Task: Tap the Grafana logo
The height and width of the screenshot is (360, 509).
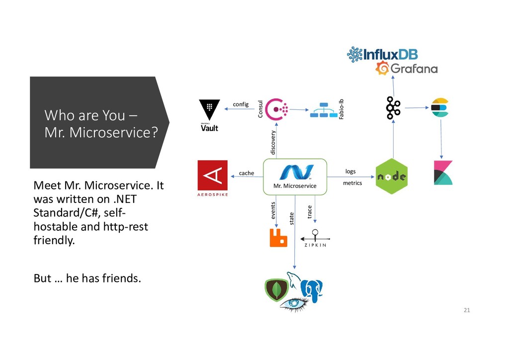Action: (406, 69)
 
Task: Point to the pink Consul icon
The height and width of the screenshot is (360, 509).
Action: (275, 109)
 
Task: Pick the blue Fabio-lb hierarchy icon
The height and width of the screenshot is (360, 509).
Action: (323, 110)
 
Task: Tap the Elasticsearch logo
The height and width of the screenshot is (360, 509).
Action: (439, 108)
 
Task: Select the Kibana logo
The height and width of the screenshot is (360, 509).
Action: (443, 173)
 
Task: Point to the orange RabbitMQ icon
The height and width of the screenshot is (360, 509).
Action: (278, 238)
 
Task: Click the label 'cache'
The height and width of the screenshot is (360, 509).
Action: (247, 173)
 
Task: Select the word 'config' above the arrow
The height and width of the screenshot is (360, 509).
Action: (241, 104)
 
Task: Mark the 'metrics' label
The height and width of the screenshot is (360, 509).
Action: (352, 183)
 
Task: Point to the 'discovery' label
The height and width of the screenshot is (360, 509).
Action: (272, 142)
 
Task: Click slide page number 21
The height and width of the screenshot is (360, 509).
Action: (466, 311)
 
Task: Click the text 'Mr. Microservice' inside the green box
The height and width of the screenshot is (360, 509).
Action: (295, 186)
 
